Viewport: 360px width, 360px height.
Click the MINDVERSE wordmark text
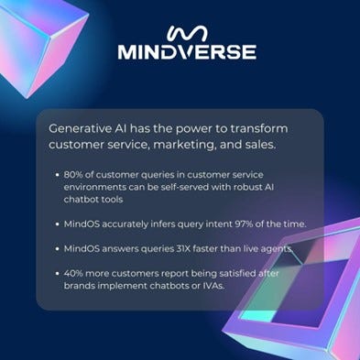pyautogui.click(x=186, y=51)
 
